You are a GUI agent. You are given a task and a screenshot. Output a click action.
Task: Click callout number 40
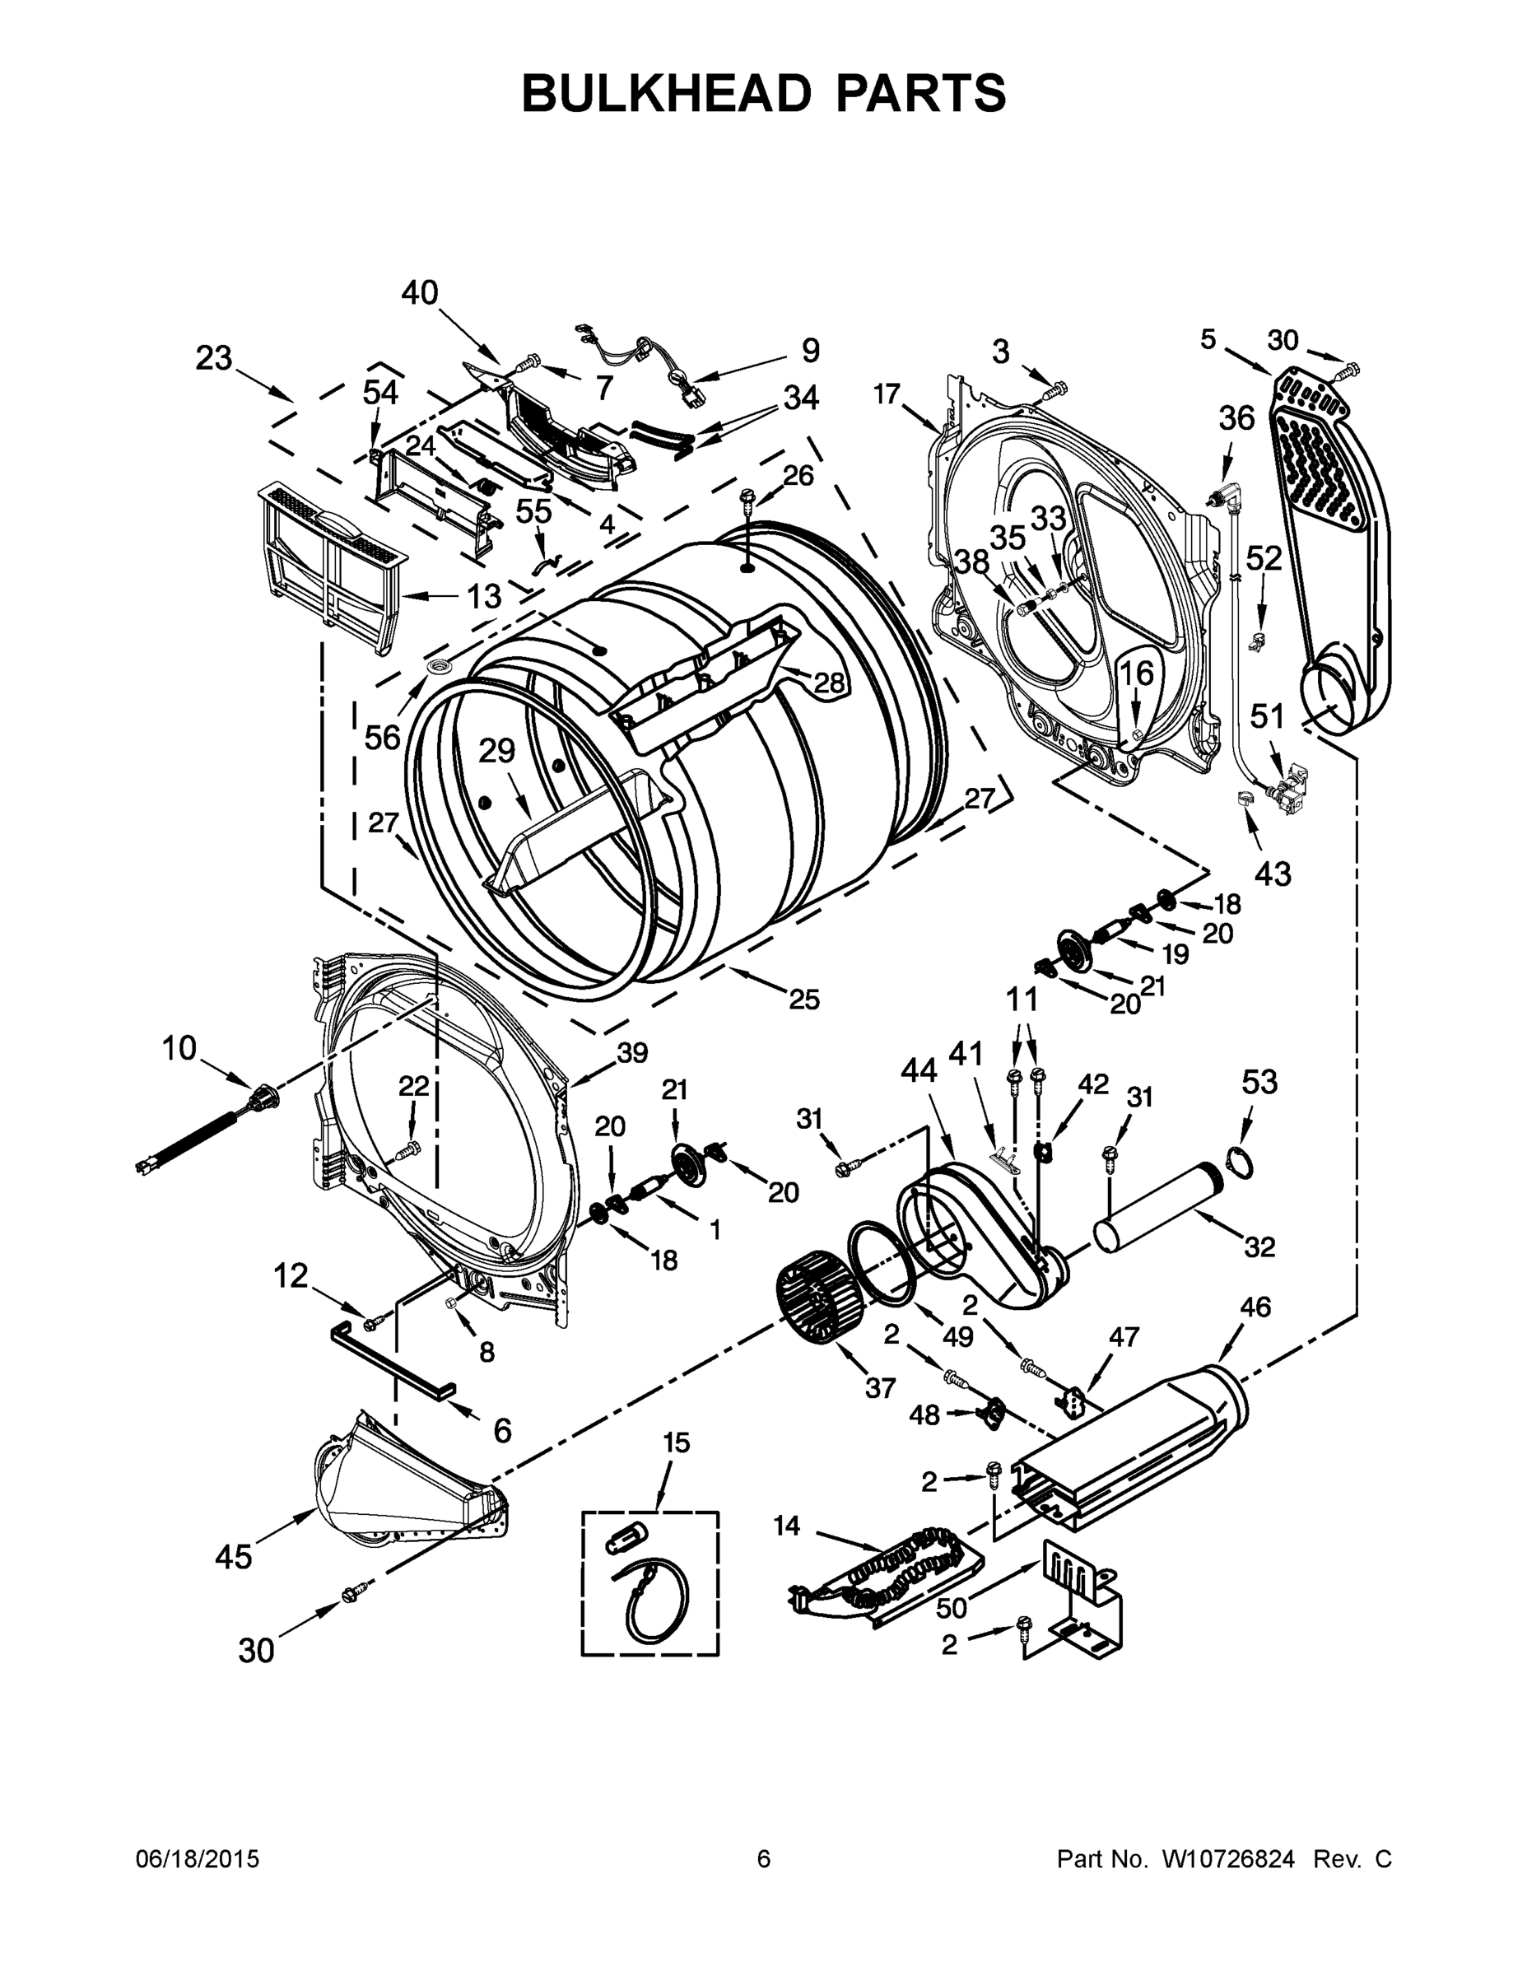[x=420, y=293]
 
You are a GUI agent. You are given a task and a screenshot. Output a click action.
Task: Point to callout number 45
[x=234, y=1556]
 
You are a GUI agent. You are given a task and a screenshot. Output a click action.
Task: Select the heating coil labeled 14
[x=891, y=1568]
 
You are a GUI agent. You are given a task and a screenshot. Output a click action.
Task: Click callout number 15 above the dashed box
[x=676, y=1442]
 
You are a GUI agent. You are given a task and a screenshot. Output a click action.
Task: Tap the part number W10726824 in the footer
[x=1227, y=1859]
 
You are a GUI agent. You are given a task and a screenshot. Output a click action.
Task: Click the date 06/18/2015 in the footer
[x=198, y=1859]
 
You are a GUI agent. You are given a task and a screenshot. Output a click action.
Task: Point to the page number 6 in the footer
[x=764, y=1859]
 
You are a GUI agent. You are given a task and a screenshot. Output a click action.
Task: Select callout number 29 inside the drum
[x=496, y=750]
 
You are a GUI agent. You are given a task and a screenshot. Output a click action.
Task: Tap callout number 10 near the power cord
[x=179, y=1049]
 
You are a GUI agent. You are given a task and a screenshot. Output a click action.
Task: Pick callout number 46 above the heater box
[x=1255, y=1307]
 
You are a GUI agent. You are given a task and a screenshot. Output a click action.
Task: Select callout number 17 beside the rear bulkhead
[x=887, y=394]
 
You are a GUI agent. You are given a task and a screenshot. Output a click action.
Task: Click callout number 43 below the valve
[x=1272, y=873]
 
